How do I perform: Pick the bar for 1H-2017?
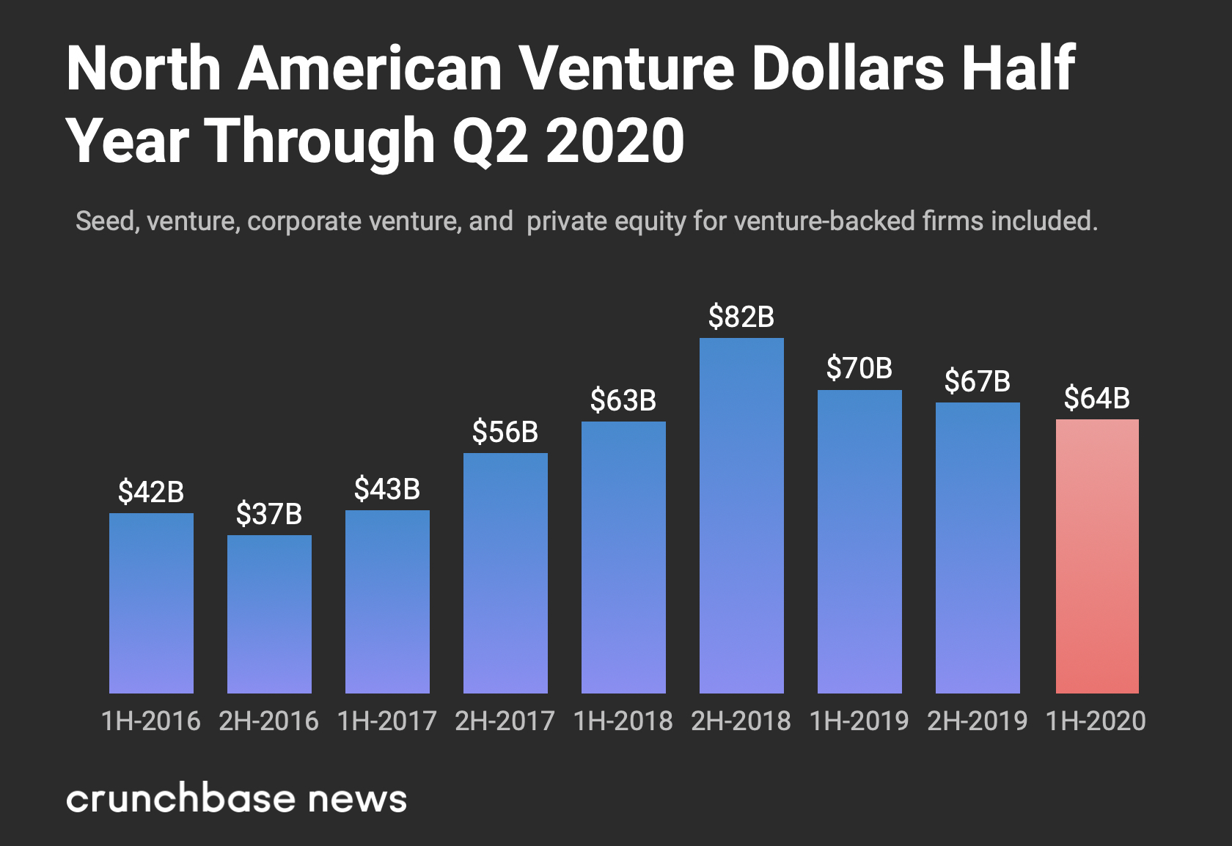[x=387, y=601]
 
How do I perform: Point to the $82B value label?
[x=741, y=317]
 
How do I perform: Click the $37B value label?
[x=269, y=514]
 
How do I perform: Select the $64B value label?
[x=1097, y=398]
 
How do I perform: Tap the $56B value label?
[x=505, y=432]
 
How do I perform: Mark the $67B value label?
[x=978, y=381]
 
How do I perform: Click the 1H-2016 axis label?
[x=151, y=721]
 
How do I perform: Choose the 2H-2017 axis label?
[x=505, y=721]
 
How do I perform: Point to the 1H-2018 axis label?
[x=623, y=721]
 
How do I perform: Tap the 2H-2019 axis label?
[x=978, y=721]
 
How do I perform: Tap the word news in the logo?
[x=357, y=799]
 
